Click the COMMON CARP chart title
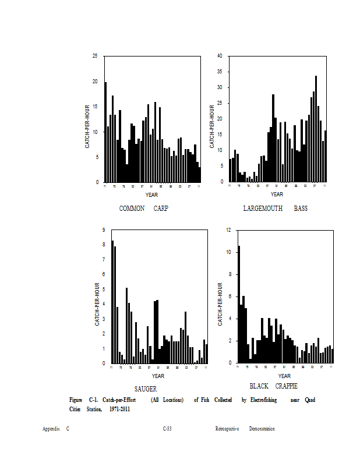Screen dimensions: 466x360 143,209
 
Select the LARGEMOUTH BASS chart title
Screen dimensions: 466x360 275,209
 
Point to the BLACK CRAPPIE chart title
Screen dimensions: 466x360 273,386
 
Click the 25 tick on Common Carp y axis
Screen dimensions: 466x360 95,56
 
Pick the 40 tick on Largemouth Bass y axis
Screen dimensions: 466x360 220,56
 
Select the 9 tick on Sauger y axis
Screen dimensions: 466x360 103,230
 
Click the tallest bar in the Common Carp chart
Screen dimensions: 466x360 105,132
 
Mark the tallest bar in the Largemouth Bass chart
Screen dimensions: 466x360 316,129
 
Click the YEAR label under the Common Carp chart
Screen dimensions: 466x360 151,195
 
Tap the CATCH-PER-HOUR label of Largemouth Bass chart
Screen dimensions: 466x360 212,126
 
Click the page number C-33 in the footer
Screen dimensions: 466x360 167,429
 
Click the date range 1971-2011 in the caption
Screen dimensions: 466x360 119,409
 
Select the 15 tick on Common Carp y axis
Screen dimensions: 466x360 95,107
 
